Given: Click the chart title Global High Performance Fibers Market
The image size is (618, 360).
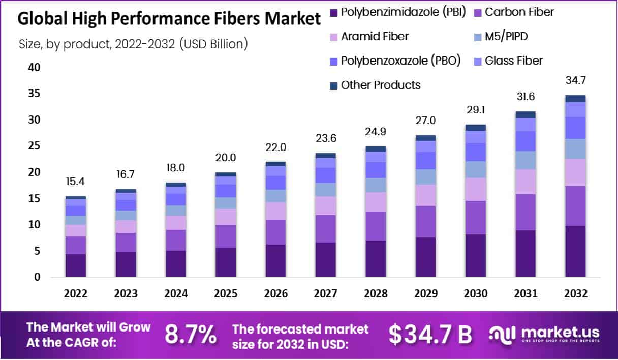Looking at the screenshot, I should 169,19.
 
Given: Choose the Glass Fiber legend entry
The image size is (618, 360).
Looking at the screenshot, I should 513,61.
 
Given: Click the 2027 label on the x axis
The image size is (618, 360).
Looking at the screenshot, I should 326,294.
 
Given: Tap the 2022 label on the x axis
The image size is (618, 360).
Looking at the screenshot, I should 75,294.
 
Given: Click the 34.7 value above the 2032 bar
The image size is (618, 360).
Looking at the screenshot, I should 575,81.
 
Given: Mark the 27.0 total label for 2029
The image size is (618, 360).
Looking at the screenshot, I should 426,121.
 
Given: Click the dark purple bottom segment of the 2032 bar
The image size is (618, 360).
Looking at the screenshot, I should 575,251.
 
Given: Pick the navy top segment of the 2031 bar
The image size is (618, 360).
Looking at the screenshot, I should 526,114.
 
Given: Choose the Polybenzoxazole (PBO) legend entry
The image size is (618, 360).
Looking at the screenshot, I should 400,61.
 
